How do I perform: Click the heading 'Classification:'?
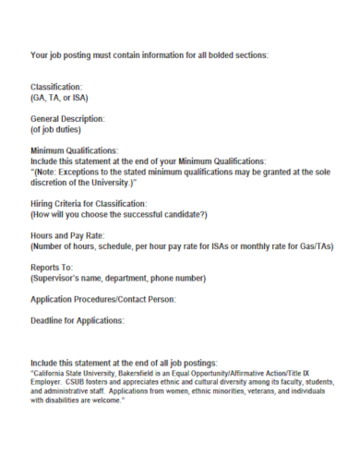63,87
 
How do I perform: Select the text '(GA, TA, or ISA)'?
60,97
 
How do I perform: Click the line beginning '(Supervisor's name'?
118,278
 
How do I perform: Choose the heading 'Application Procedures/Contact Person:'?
102,300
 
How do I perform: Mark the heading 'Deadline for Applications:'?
77,320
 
